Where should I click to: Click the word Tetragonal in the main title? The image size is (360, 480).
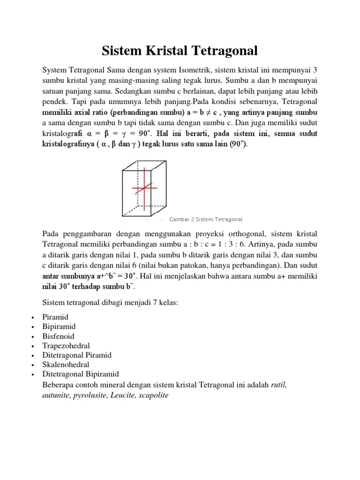[x=218, y=50]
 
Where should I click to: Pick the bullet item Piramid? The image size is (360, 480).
[x=55, y=317]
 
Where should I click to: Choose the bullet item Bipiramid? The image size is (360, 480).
[x=59, y=327]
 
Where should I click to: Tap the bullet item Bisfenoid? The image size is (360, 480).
[x=59, y=336]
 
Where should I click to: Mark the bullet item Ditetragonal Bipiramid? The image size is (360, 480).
[x=81, y=374]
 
